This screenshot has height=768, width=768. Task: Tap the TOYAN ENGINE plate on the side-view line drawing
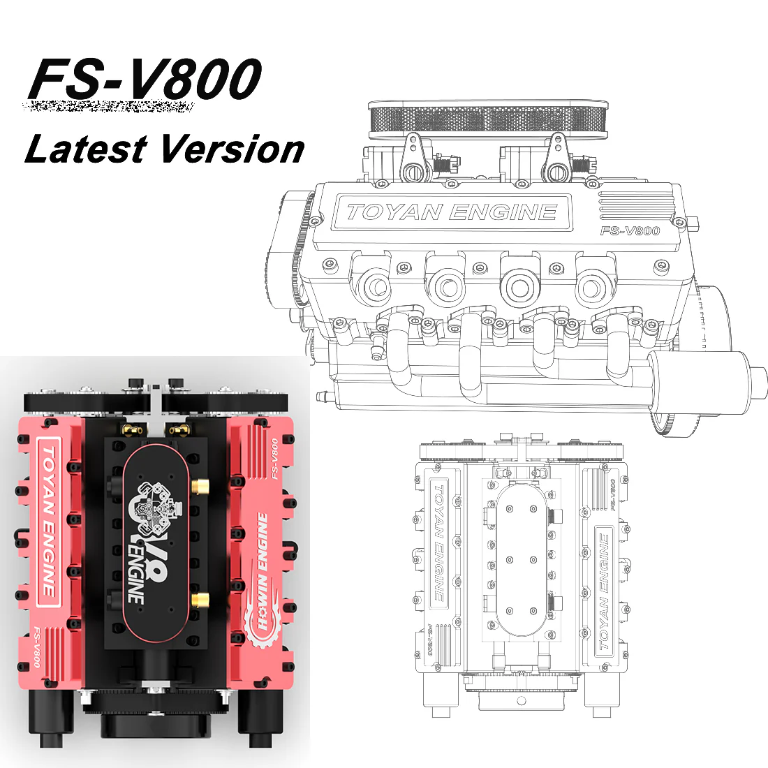[x=452, y=212]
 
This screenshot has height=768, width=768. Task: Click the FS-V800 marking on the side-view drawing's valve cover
[x=630, y=231]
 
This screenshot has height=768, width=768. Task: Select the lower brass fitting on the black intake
[x=200, y=598]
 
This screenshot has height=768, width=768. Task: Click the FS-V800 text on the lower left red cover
[x=36, y=647]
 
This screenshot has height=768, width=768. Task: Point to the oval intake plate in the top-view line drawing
[x=518, y=559]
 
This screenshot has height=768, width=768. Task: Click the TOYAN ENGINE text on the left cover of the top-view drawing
[x=438, y=541]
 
